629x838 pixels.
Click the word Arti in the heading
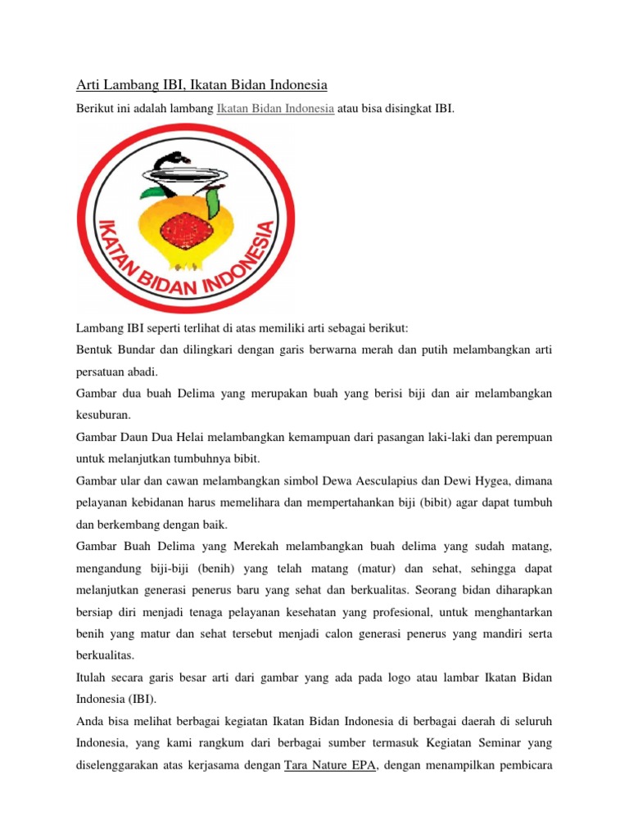click(x=87, y=84)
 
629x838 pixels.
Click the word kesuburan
click(x=103, y=416)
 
